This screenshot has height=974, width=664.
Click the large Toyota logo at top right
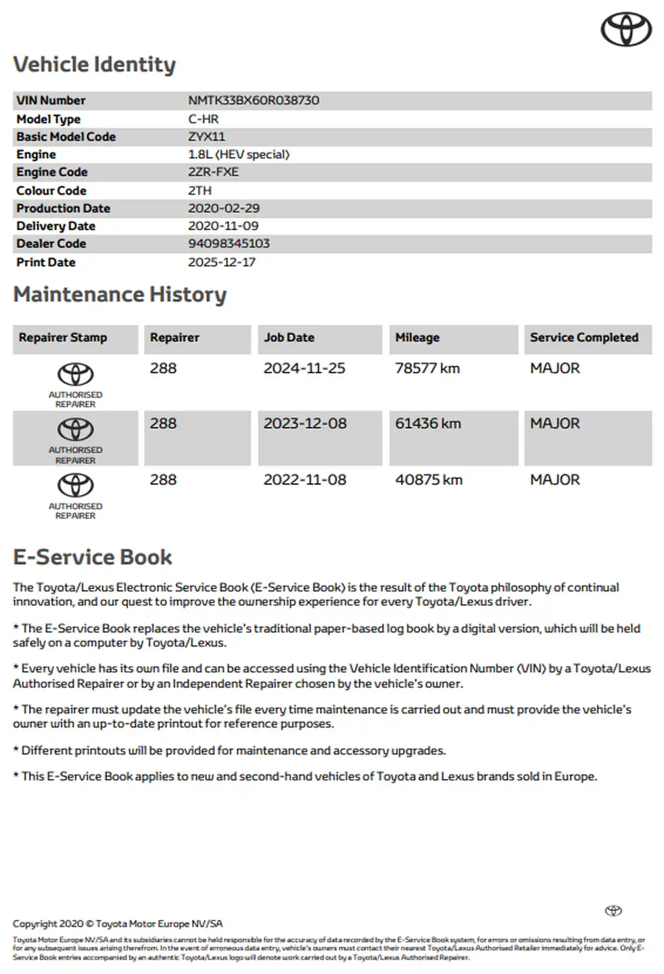(x=626, y=30)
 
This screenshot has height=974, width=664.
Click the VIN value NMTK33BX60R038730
(x=254, y=100)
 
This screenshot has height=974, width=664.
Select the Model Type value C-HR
(x=203, y=119)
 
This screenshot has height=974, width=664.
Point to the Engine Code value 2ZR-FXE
(x=213, y=172)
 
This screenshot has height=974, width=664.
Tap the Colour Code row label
(x=51, y=191)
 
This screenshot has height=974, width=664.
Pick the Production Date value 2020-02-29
(x=224, y=208)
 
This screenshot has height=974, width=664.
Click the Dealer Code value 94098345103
(x=229, y=243)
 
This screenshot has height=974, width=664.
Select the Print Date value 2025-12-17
(x=222, y=262)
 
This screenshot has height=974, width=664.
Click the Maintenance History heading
(x=120, y=294)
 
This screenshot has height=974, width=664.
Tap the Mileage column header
(x=417, y=338)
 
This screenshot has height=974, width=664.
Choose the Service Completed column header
(x=584, y=338)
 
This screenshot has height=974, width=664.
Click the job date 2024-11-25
(x=304, y=369)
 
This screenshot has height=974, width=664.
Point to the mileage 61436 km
(x=428, y=424)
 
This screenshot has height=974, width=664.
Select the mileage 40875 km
(x=429, y=480)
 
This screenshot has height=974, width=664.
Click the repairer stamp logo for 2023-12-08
(x=75, y=430)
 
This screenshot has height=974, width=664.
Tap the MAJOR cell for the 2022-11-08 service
(x=554, y=480)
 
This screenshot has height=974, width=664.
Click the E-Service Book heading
(x=93, y=557)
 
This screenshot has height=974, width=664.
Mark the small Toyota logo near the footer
(x=613, y=910)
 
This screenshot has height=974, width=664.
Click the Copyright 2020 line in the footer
(x=118, y=924)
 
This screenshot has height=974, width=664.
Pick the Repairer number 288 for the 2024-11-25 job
(x=163, y=369)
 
